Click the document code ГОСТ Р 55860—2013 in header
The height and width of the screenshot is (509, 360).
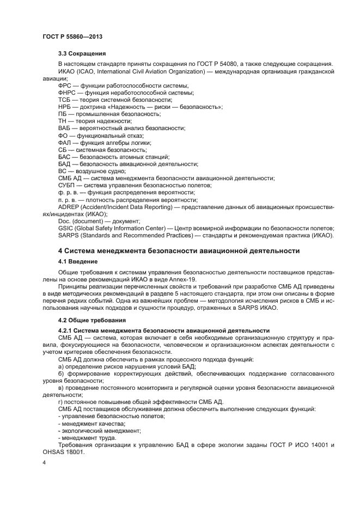pyautogui.click(x=72, y=36)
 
